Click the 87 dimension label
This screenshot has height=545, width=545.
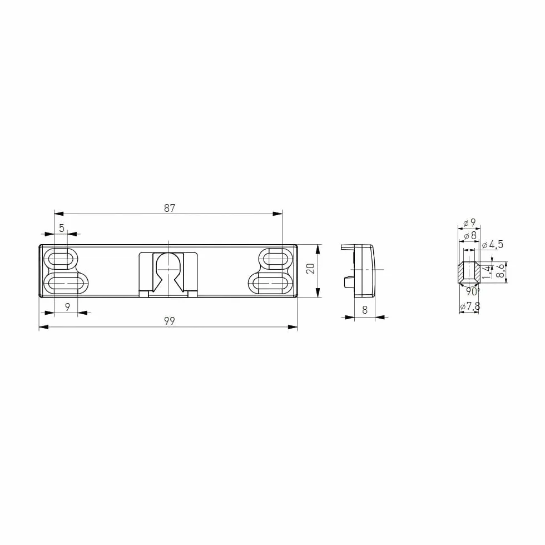(x=169, y=208)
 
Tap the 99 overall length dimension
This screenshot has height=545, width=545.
(x=169, y=321)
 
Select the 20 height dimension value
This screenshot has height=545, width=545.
(x=311, y=268)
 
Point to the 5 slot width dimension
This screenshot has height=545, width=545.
(x=62, y=228)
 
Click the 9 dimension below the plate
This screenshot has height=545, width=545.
(x=67, y=307)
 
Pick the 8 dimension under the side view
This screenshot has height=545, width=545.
(x=365, y=310)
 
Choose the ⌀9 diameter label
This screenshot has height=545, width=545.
(x=469, y=222)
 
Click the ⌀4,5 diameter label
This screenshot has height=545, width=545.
(x=493, y=244)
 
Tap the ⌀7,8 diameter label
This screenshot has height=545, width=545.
(x=470, y=306)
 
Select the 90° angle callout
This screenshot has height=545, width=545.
(x=473, y=291)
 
